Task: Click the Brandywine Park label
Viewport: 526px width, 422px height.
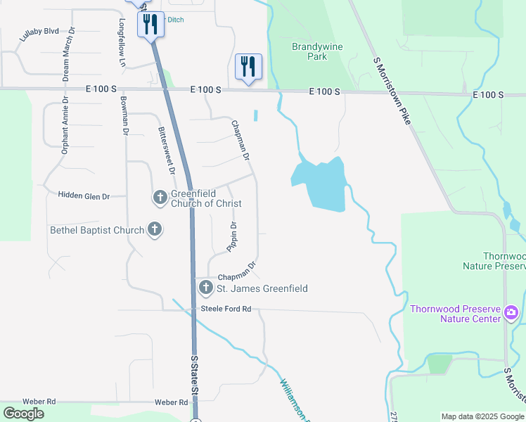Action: pyautogui.click(x=310, y=51)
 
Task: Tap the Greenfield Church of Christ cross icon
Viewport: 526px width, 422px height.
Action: pyautogui.click(x=160, y=198)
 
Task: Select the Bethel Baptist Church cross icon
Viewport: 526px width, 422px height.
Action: pyautogui.click(x=154, y=229)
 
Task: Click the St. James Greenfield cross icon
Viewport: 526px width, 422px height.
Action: pyautogui.click(x=206, y=287)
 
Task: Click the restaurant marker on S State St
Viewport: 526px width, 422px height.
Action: pyautogui.click(x=150, y=25)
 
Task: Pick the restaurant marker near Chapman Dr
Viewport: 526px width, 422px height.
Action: pyautogui.click(x=248, y=68)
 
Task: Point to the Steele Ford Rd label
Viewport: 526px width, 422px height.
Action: pyautogui.click(x=226, y=309)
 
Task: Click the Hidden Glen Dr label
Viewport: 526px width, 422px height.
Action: pyautogui.click(x=84, y=196)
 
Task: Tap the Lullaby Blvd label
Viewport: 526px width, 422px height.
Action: pyautogui.click(x=39, y=34)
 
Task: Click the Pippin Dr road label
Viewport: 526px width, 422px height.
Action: pyautogui.click(x=231, y=236)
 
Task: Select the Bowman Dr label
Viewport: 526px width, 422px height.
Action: pyautogui.click(x=124, y=115)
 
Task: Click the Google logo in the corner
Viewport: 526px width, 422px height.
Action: pyautogui.click(x=24, y=414)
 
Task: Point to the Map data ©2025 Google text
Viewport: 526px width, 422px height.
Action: pyautogui.click(x=482, y=416)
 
